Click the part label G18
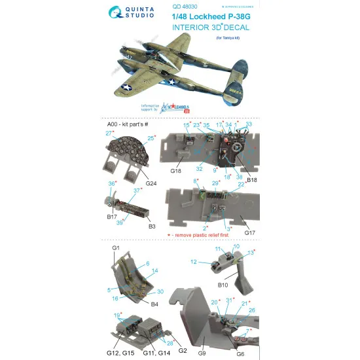[175, 170]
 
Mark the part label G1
[115, 248]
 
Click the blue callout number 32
[200, 166]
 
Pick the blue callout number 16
[115, 298]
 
